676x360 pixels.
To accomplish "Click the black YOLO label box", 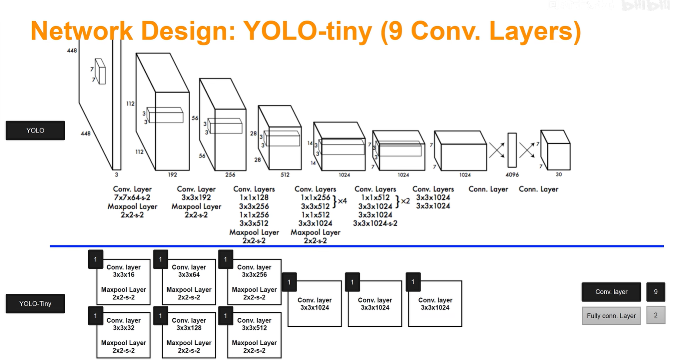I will (x=35, y=131).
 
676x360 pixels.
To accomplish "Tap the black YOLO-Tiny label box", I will (x=35, y=303).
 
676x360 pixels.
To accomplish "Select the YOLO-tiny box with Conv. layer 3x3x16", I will (x=124, y=282).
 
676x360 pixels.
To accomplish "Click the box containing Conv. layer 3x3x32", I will (x=124, y=335).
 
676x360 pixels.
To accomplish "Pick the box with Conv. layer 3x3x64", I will (x=189, y=282).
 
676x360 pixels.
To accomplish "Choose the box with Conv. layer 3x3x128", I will (x=189, y=335).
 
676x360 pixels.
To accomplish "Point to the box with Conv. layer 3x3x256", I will (x=254, y=282).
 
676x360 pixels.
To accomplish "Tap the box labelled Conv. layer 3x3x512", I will (x=254, y=335).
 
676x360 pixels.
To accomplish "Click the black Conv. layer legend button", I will (x=611, y=292).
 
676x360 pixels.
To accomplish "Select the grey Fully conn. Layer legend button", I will (x=611, y=316).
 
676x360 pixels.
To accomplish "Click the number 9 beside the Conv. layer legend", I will (x=656, y=292).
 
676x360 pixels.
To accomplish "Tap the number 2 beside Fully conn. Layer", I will (x=656, y=315).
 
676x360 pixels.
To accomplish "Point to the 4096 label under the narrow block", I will (x=512, y=175).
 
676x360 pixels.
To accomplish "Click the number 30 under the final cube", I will (x=559, y=174).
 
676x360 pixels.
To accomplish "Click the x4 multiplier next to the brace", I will (x=342, y=201).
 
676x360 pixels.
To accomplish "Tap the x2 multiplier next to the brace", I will (x=405, y=201).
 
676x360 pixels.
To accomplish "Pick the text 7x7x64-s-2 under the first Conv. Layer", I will (x=132, y=198).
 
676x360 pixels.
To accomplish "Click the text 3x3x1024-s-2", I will (x=375, y=223).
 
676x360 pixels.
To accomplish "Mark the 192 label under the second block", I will (x=172, y=175).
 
